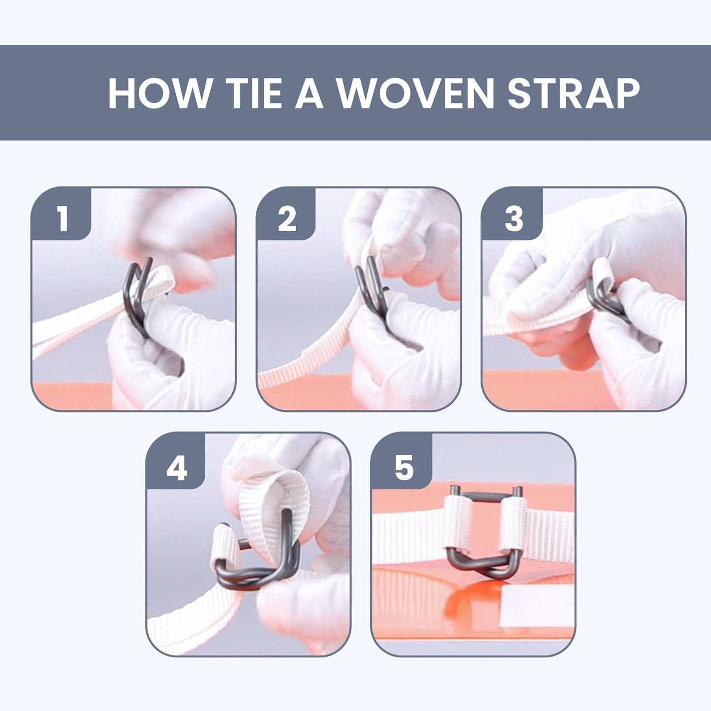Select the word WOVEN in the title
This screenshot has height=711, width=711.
(415, 93)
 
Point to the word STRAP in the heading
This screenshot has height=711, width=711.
(573, 93)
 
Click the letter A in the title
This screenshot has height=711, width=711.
(309, 93)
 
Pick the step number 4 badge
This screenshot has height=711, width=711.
(176, 460)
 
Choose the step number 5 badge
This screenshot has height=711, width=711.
(403, 460)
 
